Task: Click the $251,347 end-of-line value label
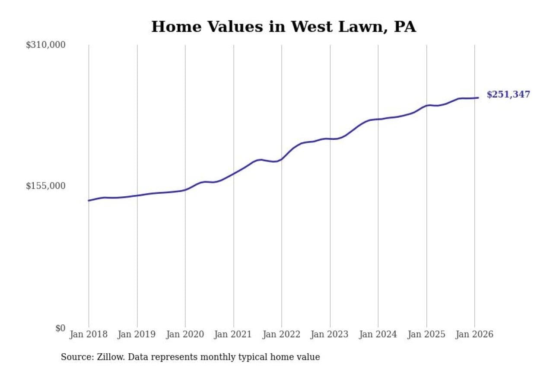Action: (x=508, y=95)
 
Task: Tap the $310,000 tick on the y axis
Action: (x=45, y=45)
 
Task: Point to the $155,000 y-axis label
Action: (x=45, y=186)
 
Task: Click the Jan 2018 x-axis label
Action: (x=89, y=334)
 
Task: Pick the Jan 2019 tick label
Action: (x=137, y=334)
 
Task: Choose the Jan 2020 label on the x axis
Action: (x=185, y=334)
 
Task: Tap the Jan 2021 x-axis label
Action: (x=234, y=334)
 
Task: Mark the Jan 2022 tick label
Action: (x=282, y=334)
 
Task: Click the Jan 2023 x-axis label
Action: (x=330, y=334)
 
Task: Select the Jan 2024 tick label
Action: (x=378, y=334)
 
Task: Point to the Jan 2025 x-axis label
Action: (x=426, y=334)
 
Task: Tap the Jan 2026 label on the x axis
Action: (x=474, y=334)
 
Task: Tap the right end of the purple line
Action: (x=478, y=98)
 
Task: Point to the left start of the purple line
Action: (x=89, y=201)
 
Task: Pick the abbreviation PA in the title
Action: (x=405, y=27)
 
